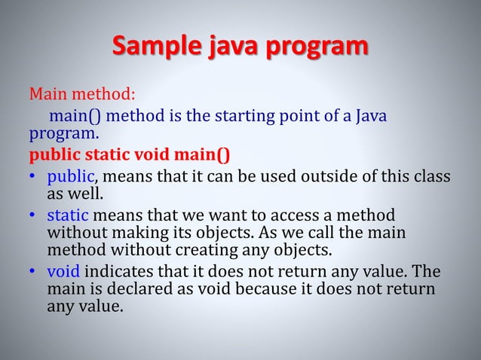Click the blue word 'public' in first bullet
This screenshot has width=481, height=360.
[x=70, y=178]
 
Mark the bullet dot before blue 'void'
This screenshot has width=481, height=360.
[x=33, y=272]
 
